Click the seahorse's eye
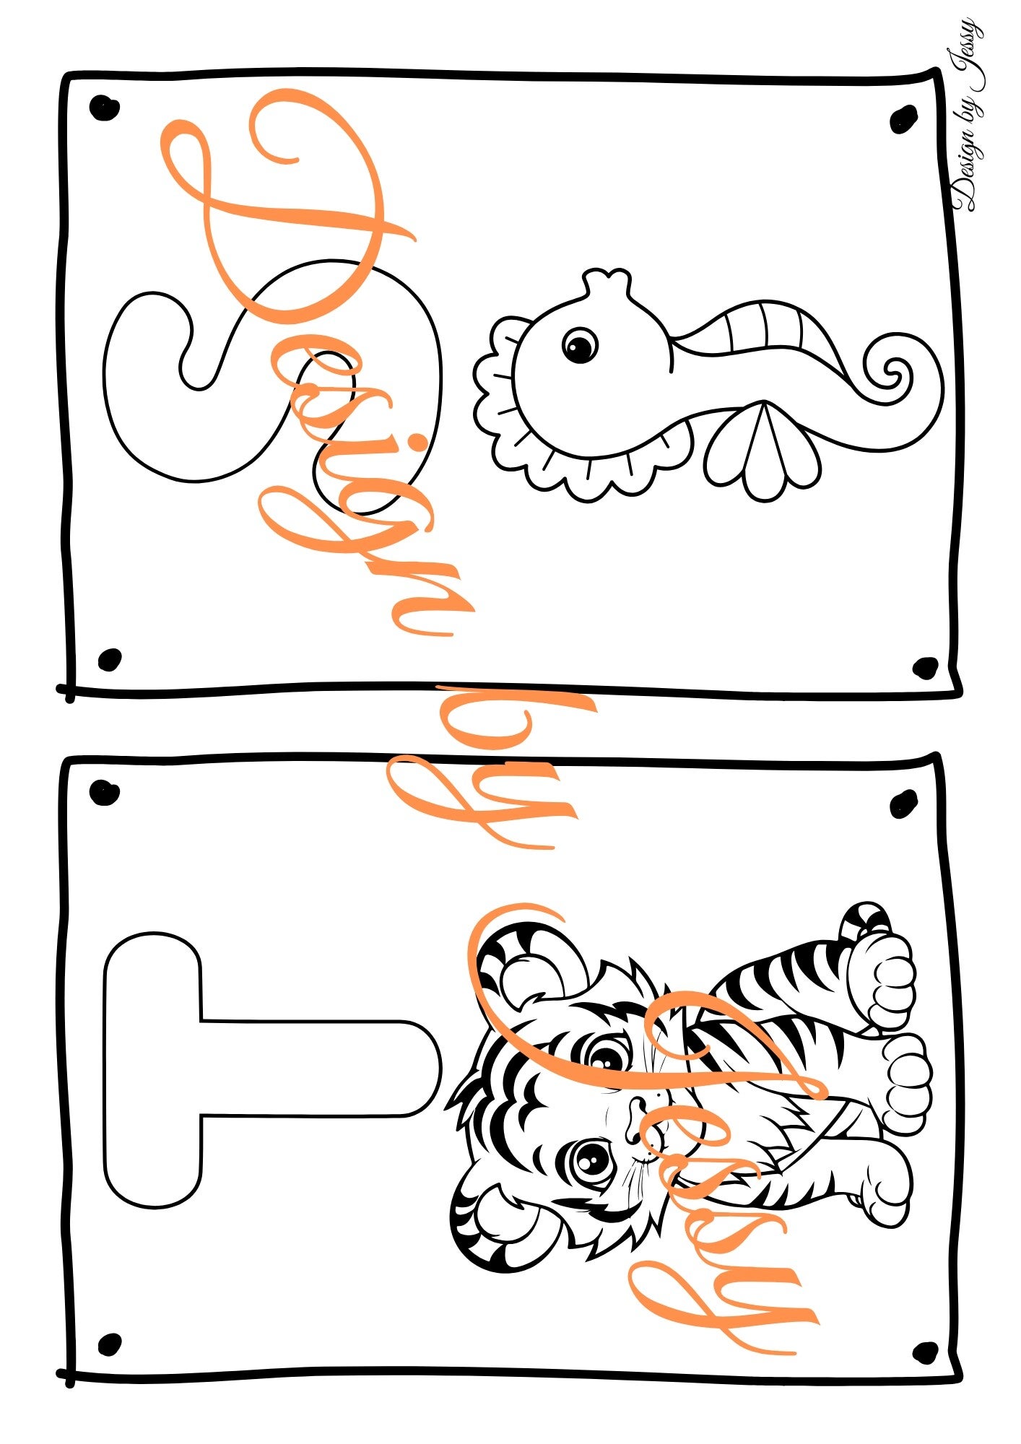[x=580, y=345]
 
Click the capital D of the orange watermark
[x=289, y=209]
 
